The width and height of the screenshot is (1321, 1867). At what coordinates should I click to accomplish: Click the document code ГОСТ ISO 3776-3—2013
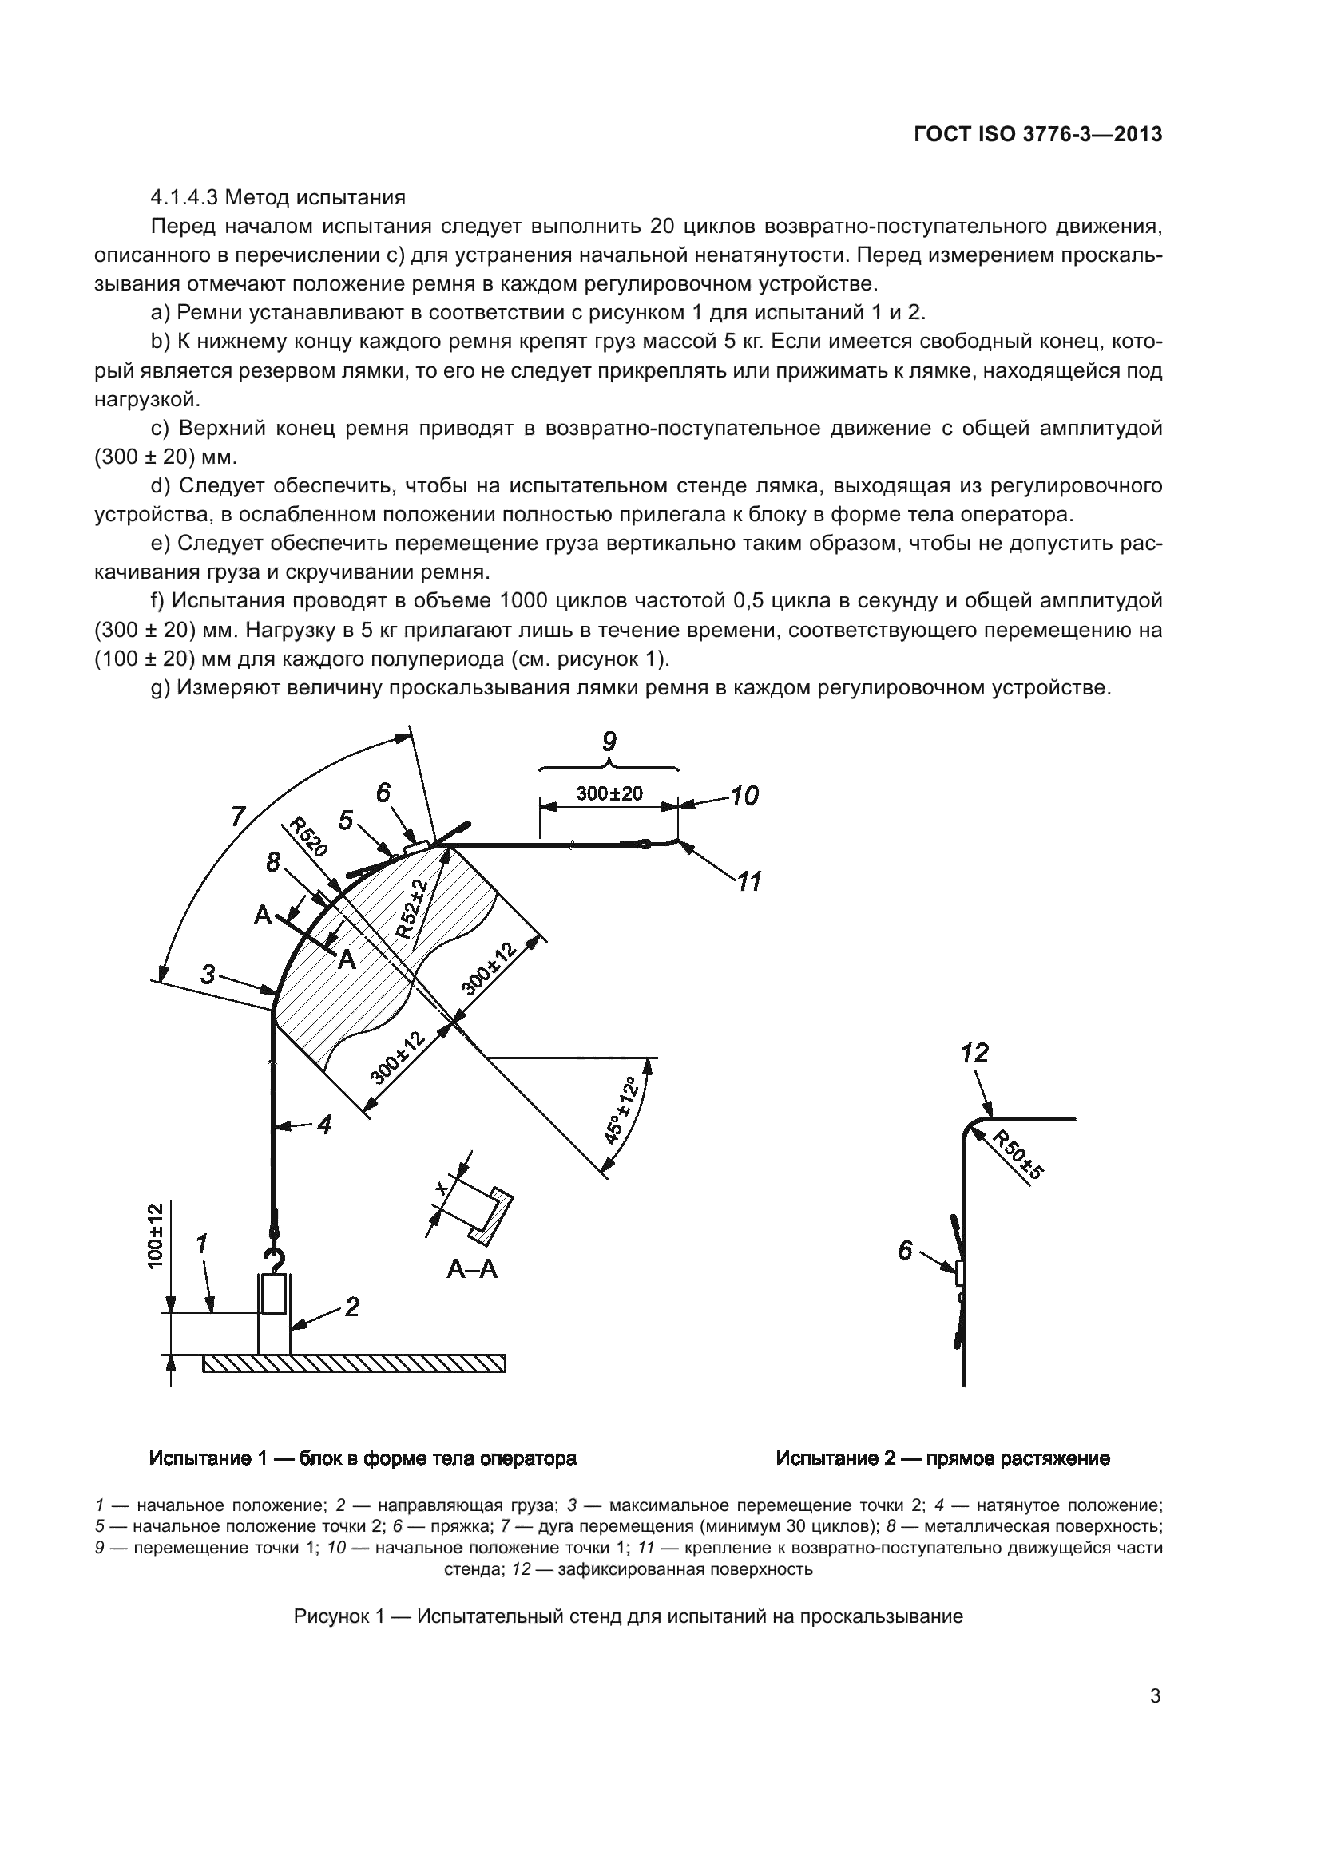1037,135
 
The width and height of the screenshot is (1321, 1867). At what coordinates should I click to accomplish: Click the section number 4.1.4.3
184,198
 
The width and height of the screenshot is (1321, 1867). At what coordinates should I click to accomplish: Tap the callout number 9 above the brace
609,742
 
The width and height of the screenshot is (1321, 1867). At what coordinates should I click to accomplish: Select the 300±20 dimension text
609,793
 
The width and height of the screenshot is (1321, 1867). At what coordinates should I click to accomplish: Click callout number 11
748,880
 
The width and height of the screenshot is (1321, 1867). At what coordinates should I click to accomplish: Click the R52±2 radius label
415,909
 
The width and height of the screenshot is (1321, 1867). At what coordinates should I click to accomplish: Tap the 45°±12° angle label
624,1110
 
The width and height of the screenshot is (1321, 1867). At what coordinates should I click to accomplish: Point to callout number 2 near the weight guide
351,1307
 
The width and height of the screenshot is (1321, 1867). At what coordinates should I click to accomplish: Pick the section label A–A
472,1268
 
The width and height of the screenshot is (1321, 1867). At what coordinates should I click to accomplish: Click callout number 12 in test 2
974,1054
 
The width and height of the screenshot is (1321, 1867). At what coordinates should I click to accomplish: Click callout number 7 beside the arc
237,817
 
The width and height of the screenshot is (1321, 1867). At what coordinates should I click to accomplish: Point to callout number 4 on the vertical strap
323,1125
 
